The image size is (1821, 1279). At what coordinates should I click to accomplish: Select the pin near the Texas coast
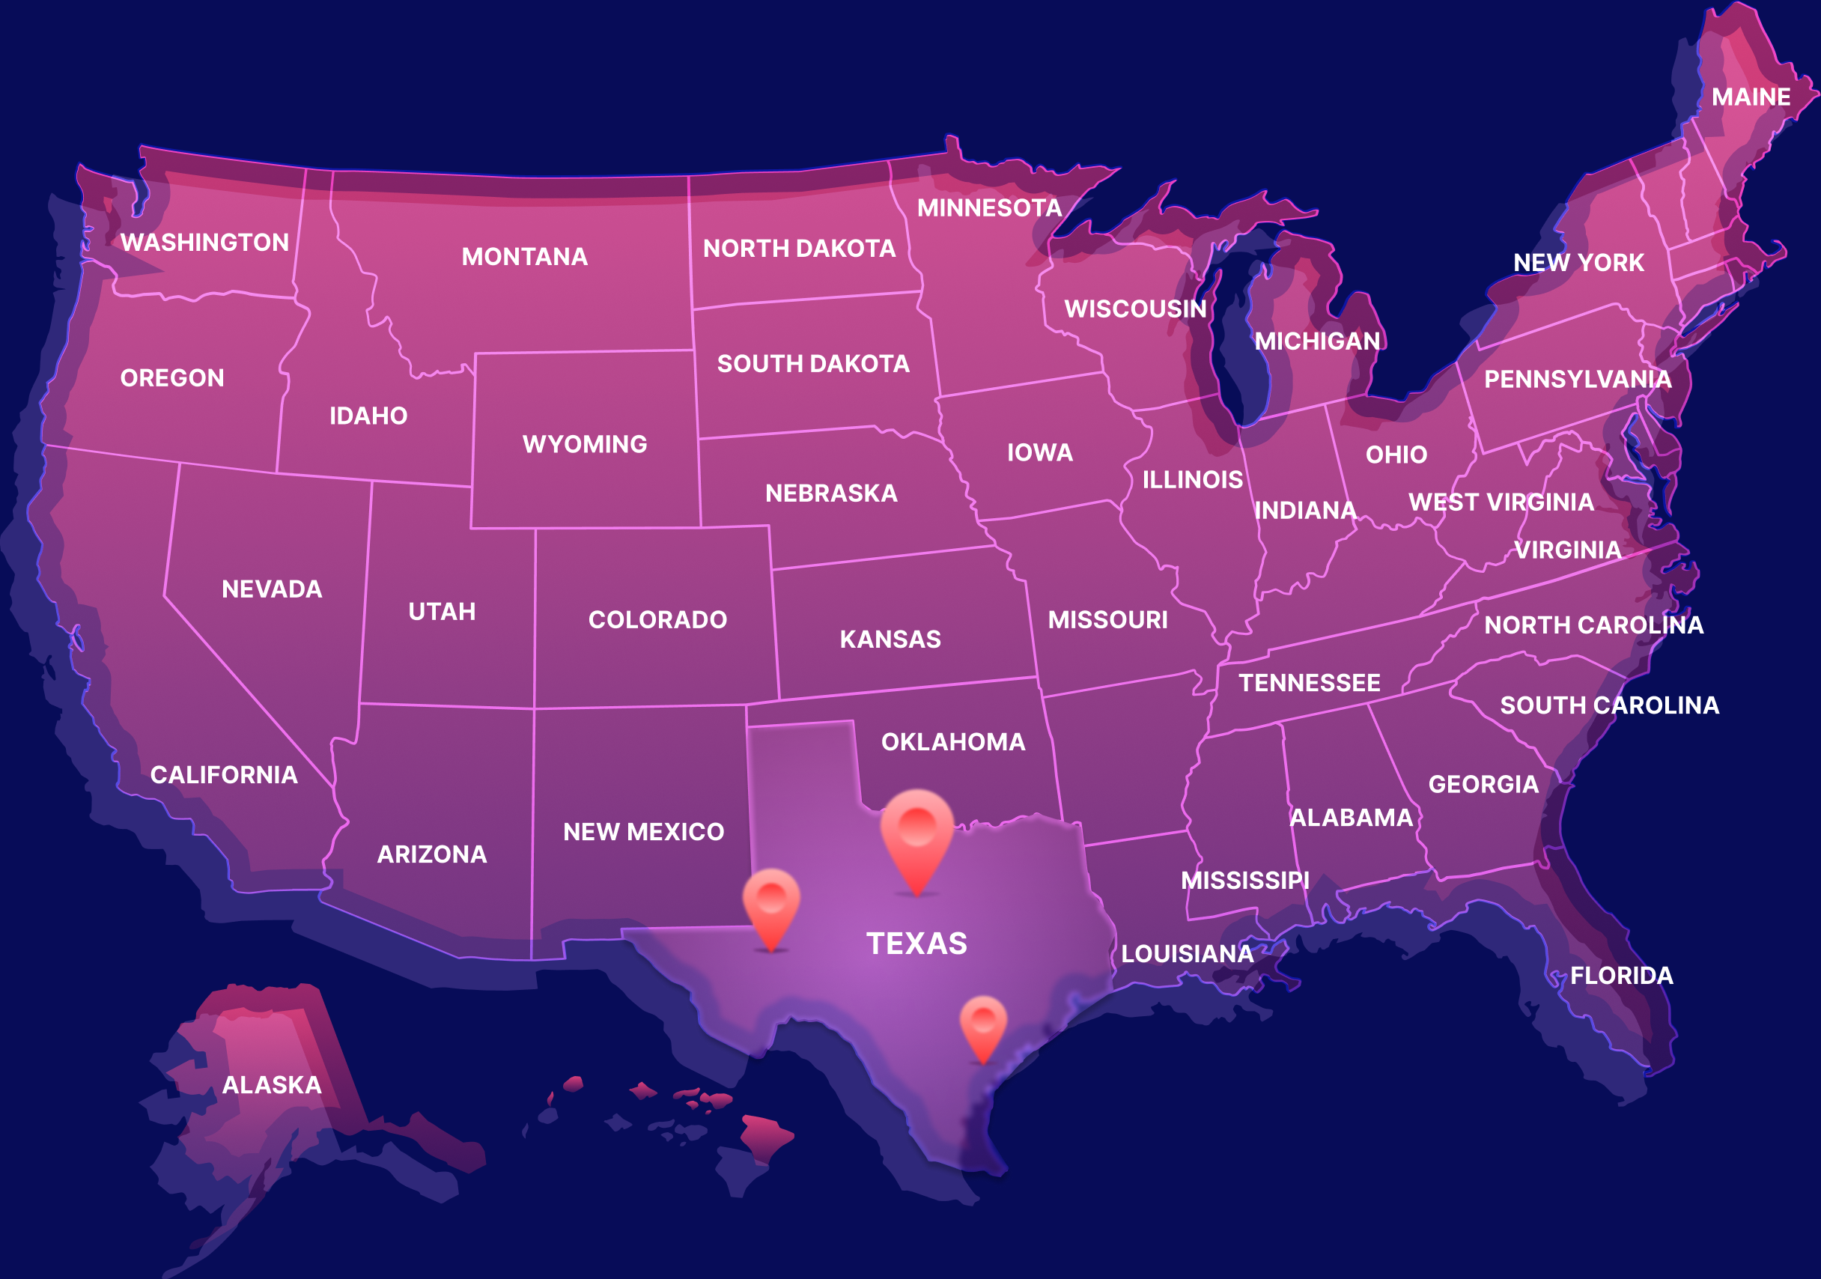click(x=983, y=1023)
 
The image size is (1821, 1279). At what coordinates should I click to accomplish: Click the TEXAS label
click(x=916, y=944)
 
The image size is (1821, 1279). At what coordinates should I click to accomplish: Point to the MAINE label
click(x=1751, y=97)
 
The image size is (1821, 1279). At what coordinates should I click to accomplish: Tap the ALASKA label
click(x=272, y=1084)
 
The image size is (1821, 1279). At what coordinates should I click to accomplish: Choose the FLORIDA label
click(x=1622, y=975)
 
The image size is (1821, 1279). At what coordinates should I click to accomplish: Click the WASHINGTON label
click(x=204, y=242)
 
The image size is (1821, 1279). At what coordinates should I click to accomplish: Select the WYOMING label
click(x=585, y=444)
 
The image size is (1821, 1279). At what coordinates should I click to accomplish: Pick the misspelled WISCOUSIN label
click(x=1135, y=309)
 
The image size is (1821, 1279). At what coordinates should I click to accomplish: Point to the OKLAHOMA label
click(x=953, y=742)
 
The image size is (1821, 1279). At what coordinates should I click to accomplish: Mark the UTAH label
click(x=442, y=612)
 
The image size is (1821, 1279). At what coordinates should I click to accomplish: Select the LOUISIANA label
click(x=1188, y=954)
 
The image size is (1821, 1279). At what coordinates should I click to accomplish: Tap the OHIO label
click(x=1396, y=455)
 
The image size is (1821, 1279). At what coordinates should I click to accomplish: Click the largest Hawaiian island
click(x=764, y=1137)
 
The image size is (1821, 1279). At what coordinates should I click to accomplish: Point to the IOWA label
click(x=1040, y=452)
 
